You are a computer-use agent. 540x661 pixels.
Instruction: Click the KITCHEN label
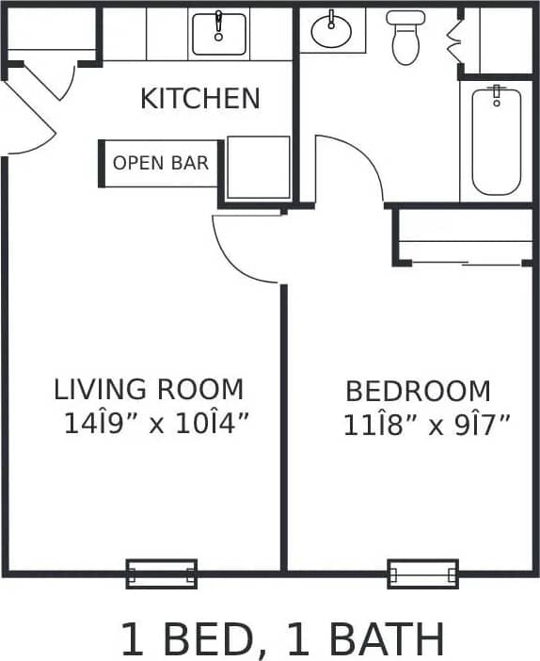click(x=199, y=98)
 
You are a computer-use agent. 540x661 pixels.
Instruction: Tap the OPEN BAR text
click(x=161, y=163)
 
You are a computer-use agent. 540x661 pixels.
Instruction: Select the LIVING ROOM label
click(x=149, y=389)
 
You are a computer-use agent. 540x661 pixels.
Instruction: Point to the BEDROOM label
click(x=418, y=391)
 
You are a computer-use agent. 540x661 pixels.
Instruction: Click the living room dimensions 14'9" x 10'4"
click(x=156, y=424)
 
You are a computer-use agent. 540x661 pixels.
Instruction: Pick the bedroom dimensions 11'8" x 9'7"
click(x=426, y=426)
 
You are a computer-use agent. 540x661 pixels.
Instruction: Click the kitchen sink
click(x=219, y=34)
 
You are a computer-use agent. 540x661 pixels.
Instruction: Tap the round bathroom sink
click(x=330, y=32)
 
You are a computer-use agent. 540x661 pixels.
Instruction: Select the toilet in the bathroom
click(x=405, y=38)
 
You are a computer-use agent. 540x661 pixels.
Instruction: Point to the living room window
click(x=162, y=572)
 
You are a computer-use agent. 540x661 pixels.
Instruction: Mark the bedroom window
click(x=423, y=572)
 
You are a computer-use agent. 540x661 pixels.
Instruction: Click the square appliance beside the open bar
click(x=258, y=168)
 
